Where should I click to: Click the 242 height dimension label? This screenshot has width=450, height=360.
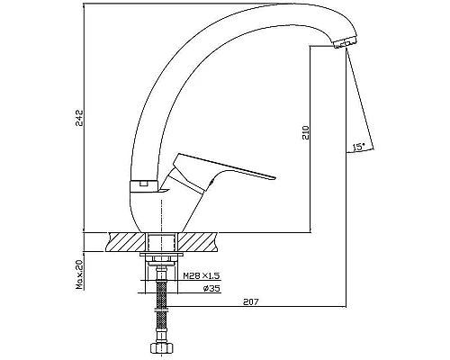coord(79,118)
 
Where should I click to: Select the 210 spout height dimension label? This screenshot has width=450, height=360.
coord(305,132)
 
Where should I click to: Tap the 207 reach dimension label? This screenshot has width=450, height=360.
coord(250,302)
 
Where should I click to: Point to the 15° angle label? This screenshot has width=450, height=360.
coord(359,147)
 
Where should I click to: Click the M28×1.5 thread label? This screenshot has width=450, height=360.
coord(202,275)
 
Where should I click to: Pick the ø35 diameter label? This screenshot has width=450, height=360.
coord(211,289)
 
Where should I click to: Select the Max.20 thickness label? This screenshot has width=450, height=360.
coord(79,274)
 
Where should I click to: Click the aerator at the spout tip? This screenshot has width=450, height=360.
coord(345,42)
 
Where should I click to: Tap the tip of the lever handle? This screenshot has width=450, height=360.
coord(274,178)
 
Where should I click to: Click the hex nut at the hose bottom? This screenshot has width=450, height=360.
coord(162,349)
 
